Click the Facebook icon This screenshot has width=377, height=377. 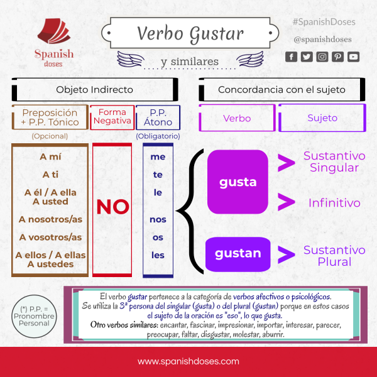(292, 57)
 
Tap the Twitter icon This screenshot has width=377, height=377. (307, 57)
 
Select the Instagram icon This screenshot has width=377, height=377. (322, 57)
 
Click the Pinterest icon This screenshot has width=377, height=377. (338, 57)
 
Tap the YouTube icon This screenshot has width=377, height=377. (353, 57)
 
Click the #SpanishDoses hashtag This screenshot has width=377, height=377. (324, 22)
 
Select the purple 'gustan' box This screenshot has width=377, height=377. (238, 254)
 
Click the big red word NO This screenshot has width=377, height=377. (113, 207)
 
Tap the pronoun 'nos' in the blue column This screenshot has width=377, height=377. (158, 220)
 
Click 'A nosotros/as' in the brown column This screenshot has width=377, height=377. (51, 219)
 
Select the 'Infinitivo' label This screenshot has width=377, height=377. (334, 203)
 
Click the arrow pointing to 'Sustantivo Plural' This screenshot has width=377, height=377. (287, 254)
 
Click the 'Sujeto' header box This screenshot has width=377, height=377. (322, 117)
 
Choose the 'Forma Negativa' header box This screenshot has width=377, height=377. (112, 117)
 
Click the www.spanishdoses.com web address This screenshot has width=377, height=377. (188, 361)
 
